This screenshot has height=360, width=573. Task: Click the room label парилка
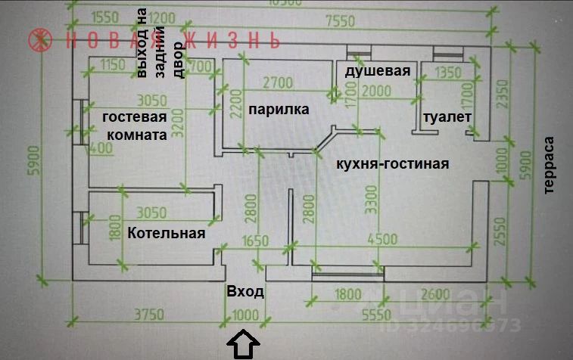(x=278, y=110)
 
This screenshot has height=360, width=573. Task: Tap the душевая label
(x=378, y=72)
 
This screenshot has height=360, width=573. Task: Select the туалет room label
(x=447, y=117)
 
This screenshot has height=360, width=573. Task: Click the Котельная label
(x=167, y=233)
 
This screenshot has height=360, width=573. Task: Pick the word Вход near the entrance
(x=245, y=292)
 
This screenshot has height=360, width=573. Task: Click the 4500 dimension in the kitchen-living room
(x=381, y=241)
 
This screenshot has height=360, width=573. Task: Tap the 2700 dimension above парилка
(x=278, y=83)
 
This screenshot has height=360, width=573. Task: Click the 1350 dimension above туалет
(x=450, y=74)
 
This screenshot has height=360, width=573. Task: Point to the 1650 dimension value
(x=255, y=241)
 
